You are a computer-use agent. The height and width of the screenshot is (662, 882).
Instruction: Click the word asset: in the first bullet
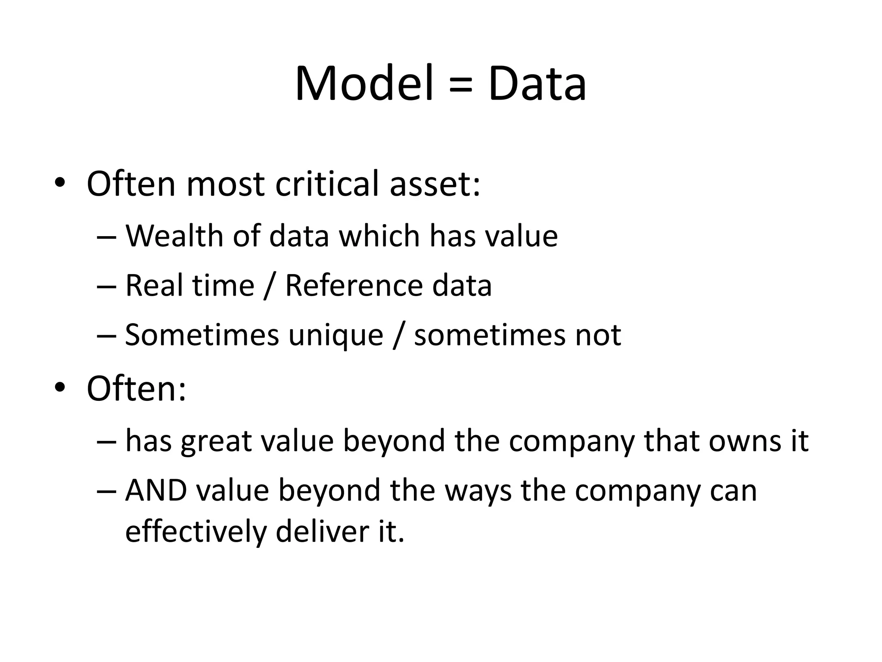coord(435,184)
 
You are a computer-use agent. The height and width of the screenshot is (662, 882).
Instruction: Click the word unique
coord(336,336)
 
